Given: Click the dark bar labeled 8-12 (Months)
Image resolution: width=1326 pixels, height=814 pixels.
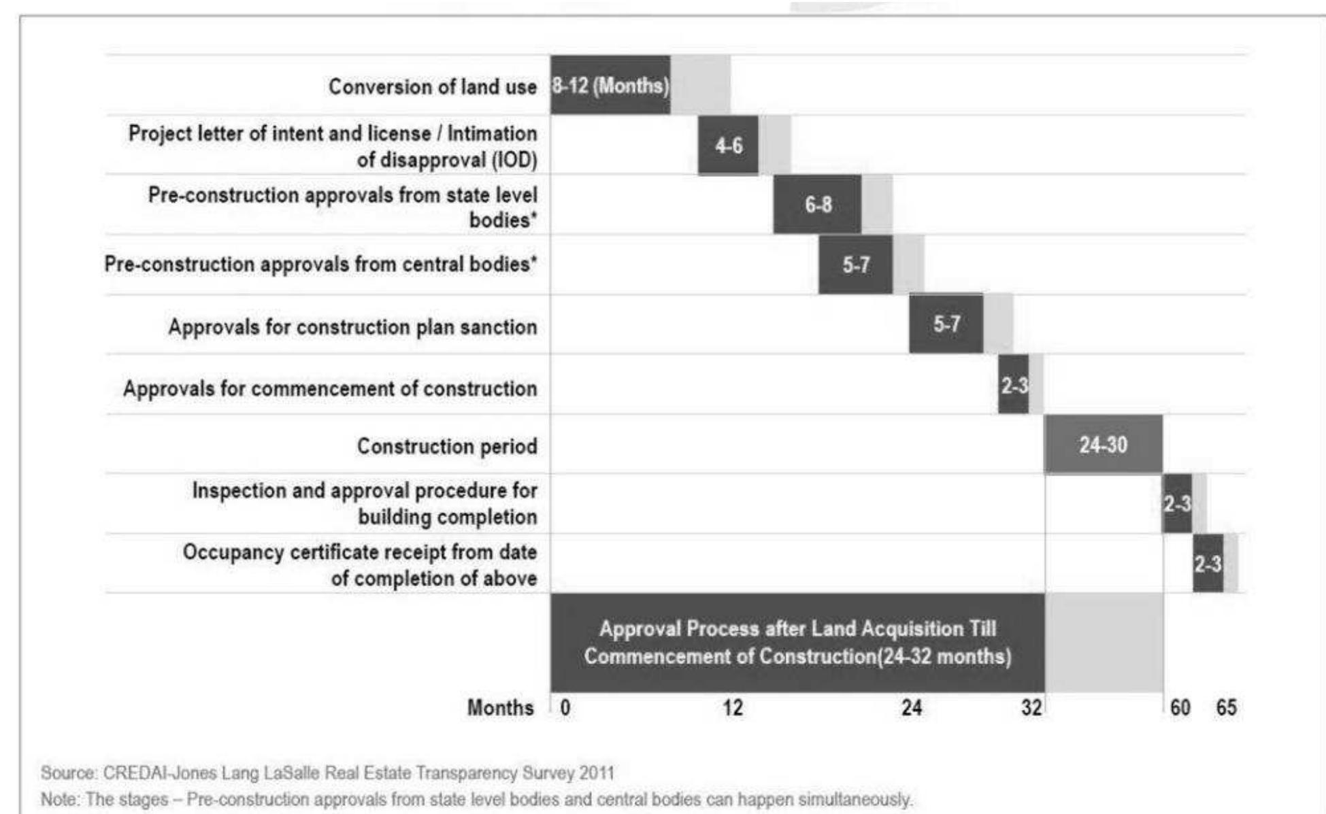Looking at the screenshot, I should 610,85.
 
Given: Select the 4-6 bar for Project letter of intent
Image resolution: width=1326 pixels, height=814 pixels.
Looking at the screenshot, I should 728,145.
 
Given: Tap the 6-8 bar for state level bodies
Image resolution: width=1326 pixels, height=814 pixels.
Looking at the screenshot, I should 817,204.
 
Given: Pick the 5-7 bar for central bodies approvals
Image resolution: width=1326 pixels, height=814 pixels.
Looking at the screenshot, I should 855,264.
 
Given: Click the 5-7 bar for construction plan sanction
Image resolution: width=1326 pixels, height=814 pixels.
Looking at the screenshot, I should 946,324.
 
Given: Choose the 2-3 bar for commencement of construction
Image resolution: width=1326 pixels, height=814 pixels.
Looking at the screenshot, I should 1013,385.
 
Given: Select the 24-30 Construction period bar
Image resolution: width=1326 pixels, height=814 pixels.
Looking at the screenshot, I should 1103,444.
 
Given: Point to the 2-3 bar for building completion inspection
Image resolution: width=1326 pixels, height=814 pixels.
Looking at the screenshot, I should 1176,503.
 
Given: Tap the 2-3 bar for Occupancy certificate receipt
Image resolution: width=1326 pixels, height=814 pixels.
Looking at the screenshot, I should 1208,563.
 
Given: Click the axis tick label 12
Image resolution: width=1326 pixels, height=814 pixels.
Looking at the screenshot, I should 732,708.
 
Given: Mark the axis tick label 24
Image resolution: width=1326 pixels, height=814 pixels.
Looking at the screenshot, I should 911,708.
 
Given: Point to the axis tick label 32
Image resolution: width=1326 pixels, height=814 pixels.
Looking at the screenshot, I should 1031,708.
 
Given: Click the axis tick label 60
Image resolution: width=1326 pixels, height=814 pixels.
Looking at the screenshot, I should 1180,708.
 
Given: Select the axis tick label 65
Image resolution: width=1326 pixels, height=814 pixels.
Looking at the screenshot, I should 1226,708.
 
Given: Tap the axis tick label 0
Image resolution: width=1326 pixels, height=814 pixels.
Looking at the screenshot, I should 565,708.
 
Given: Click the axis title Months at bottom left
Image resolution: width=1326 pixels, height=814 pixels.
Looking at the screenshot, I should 500,708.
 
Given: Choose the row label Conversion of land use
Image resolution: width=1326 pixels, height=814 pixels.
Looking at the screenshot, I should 432,87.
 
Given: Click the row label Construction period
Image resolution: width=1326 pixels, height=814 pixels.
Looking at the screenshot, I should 447,446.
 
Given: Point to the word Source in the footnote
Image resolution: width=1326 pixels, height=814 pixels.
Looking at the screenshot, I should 68,773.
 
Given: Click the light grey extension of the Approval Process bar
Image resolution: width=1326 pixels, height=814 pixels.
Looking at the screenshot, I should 1104,643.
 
